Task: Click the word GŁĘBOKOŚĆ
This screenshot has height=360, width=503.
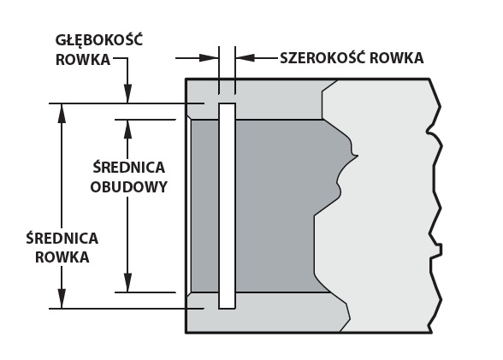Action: tap(99, 41)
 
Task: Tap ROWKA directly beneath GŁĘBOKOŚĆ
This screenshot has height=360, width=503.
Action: tap(83, 60)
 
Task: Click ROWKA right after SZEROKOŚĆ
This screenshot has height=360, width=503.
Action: tap(397, 58)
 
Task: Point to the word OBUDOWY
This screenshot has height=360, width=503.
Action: tap(128, 187)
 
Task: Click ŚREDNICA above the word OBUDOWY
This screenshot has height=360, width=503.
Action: tap(128, 167)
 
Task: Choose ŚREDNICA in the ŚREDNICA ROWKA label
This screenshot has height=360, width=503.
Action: tap(62, 238)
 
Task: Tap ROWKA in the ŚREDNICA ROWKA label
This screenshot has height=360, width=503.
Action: tap(62, 257)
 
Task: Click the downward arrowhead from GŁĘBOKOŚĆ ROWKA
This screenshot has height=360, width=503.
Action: tap(128, 93)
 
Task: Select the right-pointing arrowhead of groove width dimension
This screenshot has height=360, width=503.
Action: tap(209, 58)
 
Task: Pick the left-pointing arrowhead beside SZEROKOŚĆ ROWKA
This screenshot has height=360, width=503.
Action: tap(245, 58)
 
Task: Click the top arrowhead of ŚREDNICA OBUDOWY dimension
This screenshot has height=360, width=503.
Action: tap(128, 129)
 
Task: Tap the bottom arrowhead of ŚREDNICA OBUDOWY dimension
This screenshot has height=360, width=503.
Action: tap(128, 283)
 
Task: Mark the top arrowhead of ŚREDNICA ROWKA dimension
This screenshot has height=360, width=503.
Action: tap(62, 113)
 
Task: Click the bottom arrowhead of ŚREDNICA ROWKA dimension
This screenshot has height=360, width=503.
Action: tap(62, 298)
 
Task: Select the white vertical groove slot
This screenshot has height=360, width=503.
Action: tap(228, 206)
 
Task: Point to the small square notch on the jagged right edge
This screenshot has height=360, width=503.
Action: tap(440, 250)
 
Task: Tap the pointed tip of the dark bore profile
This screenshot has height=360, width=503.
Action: tap(357, 156)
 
